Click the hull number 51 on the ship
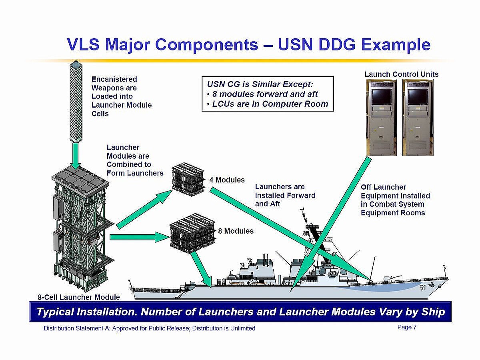(423, 288)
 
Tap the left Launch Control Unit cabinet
(381, 117)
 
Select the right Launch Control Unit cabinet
(418, 117)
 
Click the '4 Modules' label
(227, 180)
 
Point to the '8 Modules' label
(236, 231)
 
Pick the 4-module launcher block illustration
(188, 179)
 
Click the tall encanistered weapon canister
(76, 102)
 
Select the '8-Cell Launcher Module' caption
(79, 297)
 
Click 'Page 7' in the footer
(407, 327)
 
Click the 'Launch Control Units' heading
(401, 74)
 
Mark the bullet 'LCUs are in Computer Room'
(268, 104)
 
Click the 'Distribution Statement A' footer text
(149, 328)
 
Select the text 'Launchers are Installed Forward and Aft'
(285, 195)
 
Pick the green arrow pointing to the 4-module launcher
(144, 208)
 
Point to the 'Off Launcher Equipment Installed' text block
(395, 200)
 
